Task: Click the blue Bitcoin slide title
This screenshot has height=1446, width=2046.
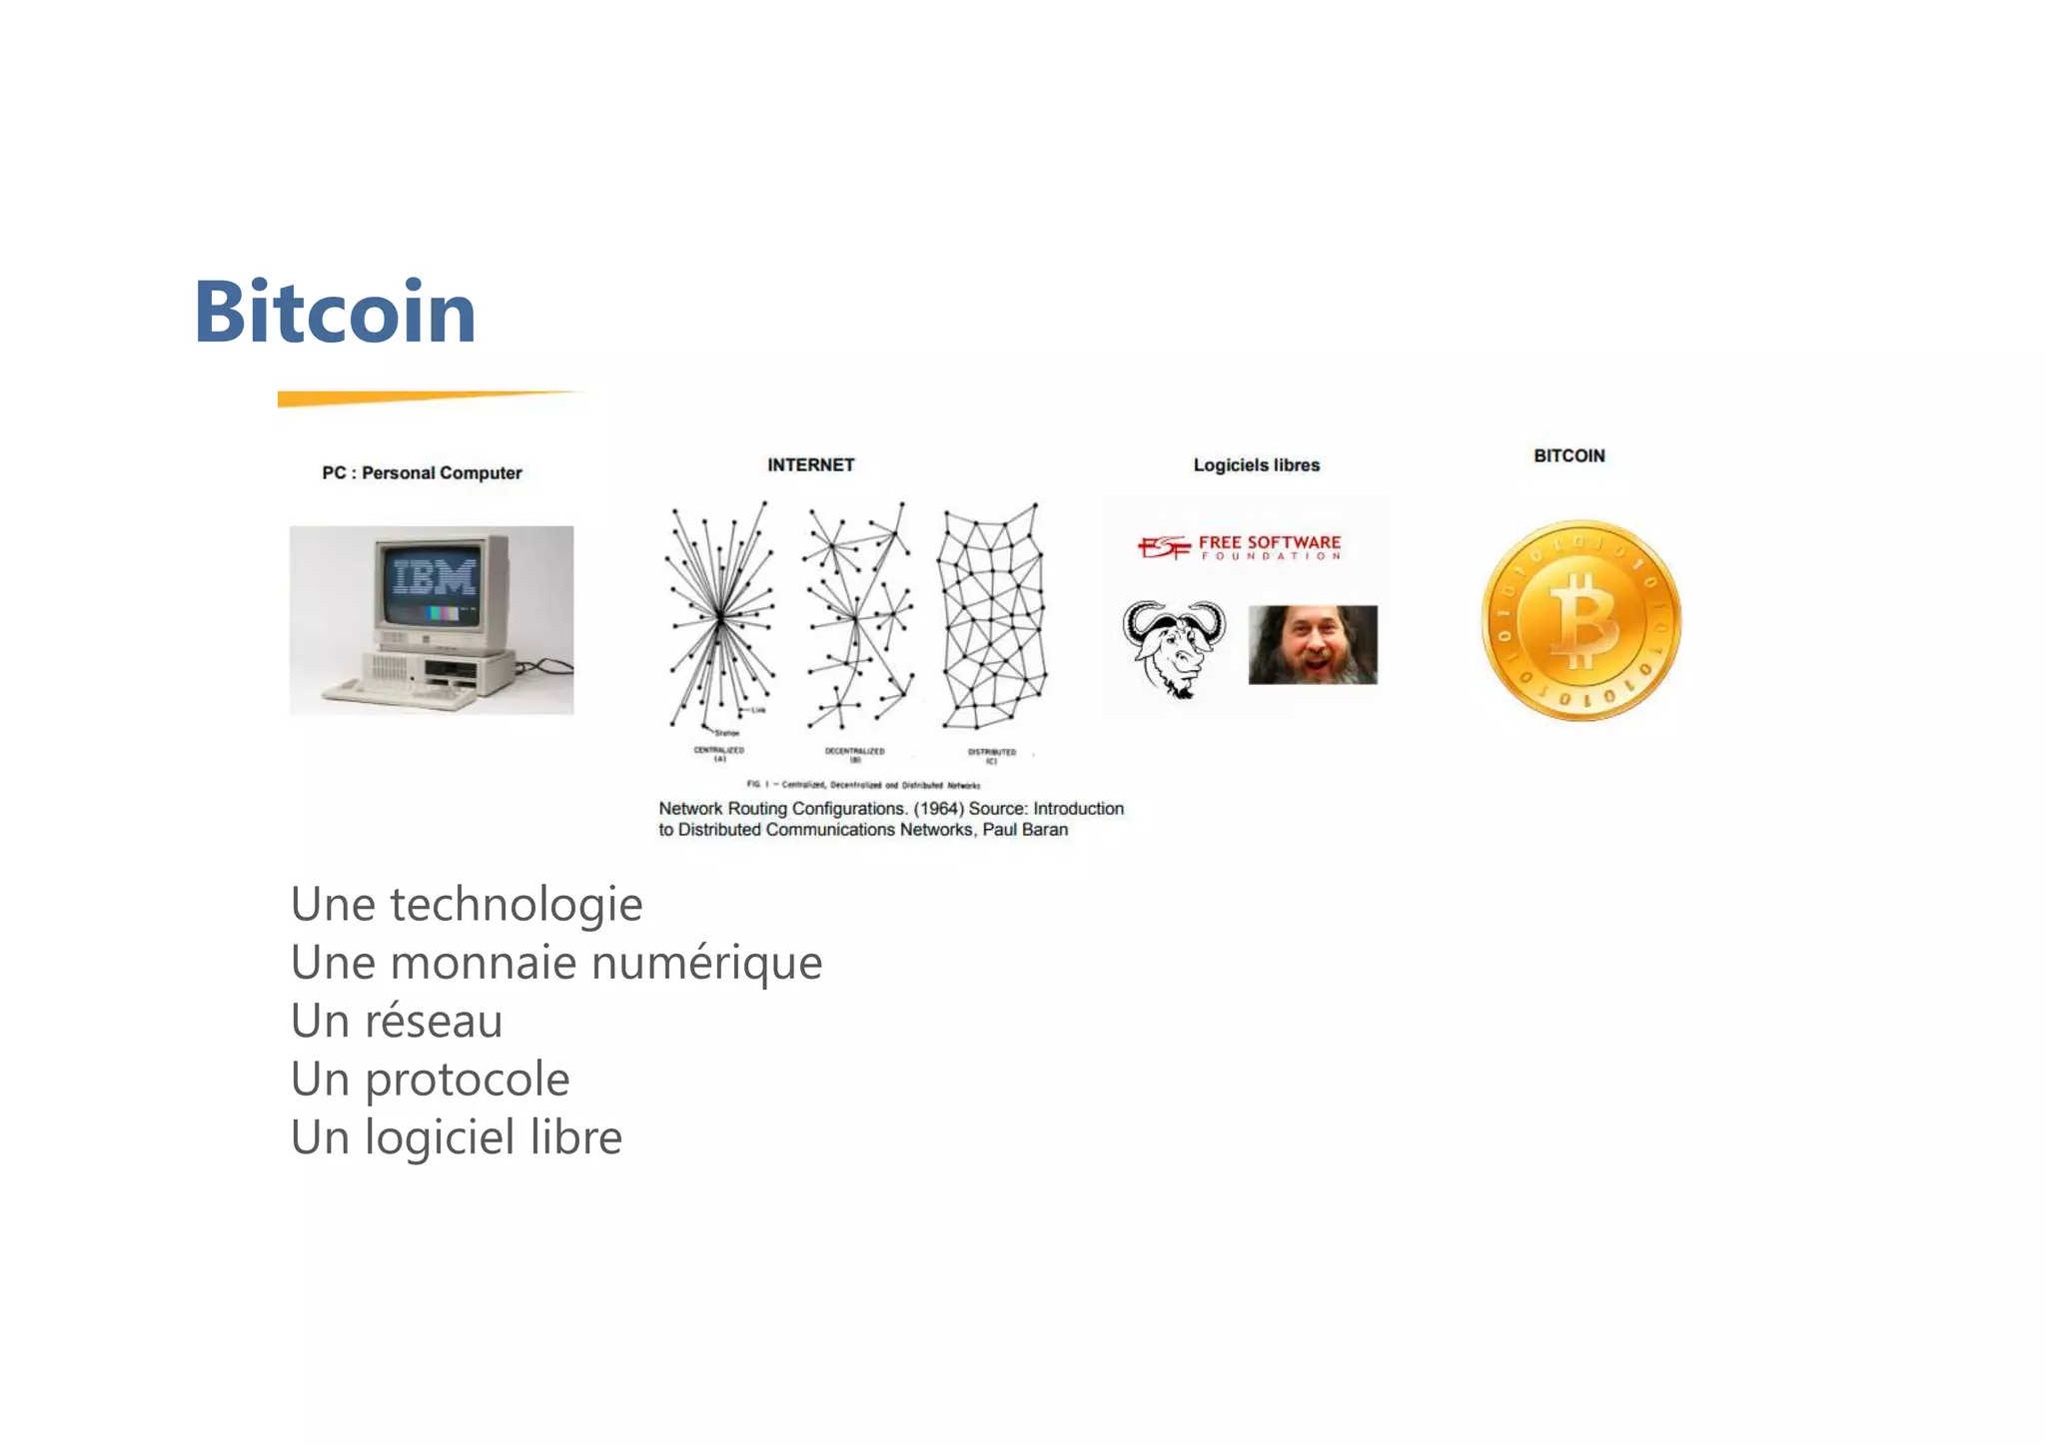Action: click(x=335, y=313)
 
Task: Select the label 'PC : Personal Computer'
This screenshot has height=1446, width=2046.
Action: click(x=422, y=473)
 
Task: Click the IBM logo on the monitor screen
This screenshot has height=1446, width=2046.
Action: click(x=435, y=577)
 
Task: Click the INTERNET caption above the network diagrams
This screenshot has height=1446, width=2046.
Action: click(x=810, y=465)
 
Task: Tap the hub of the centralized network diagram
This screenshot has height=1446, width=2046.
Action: click(x=719, y=619)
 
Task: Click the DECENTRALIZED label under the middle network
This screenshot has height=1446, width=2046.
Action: click(x=854, y=751)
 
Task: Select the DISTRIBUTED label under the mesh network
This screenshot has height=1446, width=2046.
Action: click(x=991, y=752)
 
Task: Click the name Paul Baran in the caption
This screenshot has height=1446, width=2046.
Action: click(x=1025, y=830)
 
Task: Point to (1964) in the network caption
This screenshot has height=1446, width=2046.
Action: click(x=938, y=809)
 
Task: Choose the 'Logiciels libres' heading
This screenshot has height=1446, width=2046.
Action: click(x=1256, y=465)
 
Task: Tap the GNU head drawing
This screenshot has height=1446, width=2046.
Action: click(x=1174, y=647)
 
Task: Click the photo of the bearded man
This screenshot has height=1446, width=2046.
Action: click(x=1313, y=645)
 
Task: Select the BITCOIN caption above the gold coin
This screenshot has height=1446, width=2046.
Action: click(x=1568, y=456)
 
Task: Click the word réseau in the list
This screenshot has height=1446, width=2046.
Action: click(x=433, y=1022)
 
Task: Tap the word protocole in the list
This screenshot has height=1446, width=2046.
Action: click(x=467, y=1080)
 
